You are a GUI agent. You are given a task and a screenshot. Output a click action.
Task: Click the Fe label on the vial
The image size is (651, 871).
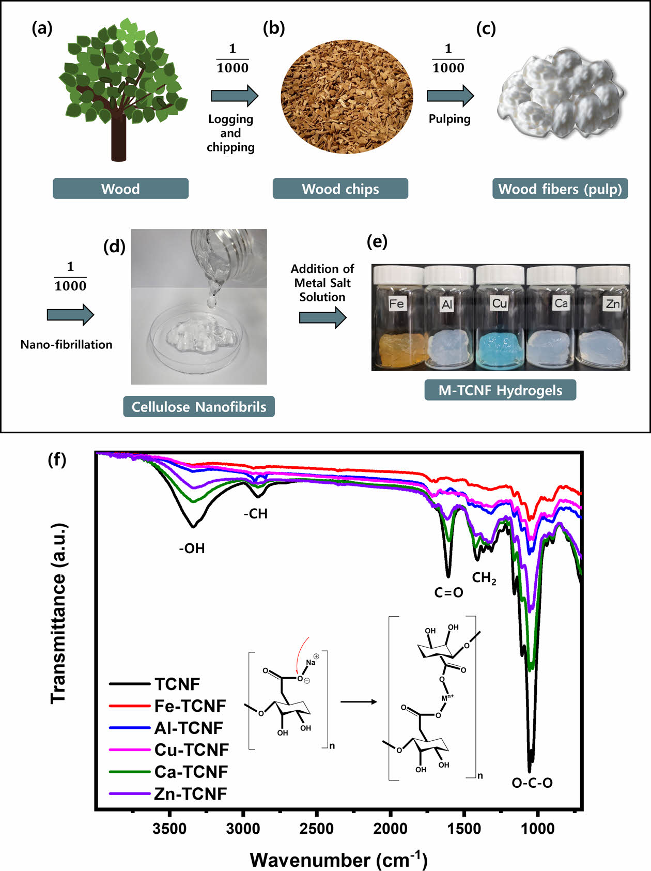coord(396,303)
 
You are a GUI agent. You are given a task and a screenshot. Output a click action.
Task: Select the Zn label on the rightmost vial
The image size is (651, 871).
coord(612,303)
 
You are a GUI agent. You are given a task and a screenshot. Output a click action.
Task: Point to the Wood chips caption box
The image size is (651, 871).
coord(340,189)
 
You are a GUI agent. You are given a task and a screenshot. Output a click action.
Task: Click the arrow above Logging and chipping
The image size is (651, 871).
coord(234,96)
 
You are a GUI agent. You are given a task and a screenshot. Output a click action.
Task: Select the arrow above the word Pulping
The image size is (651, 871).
coord(450,96)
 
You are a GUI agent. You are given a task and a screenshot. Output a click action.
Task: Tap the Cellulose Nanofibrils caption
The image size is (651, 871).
coord(199,407)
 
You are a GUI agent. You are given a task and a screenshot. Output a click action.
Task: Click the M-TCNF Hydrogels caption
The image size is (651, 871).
coord(500,390)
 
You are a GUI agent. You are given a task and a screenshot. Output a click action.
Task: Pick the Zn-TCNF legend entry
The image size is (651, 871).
coord(190,793)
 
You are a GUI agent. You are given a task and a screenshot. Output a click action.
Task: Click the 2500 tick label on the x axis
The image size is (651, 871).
coord(317,829)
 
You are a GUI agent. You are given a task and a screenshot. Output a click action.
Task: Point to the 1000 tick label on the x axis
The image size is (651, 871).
coord(538,829)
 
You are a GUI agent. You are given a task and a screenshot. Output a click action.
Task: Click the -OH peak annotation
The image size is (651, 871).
coord(192,548)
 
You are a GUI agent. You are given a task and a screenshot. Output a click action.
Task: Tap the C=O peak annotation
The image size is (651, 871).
coord(448,592)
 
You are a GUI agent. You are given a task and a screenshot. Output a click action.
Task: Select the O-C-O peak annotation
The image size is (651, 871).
coord(532,783)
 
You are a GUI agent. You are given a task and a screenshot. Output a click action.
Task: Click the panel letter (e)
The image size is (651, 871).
coord(377,241)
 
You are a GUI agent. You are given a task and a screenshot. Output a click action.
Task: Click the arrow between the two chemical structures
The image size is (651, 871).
coord(359,702)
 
